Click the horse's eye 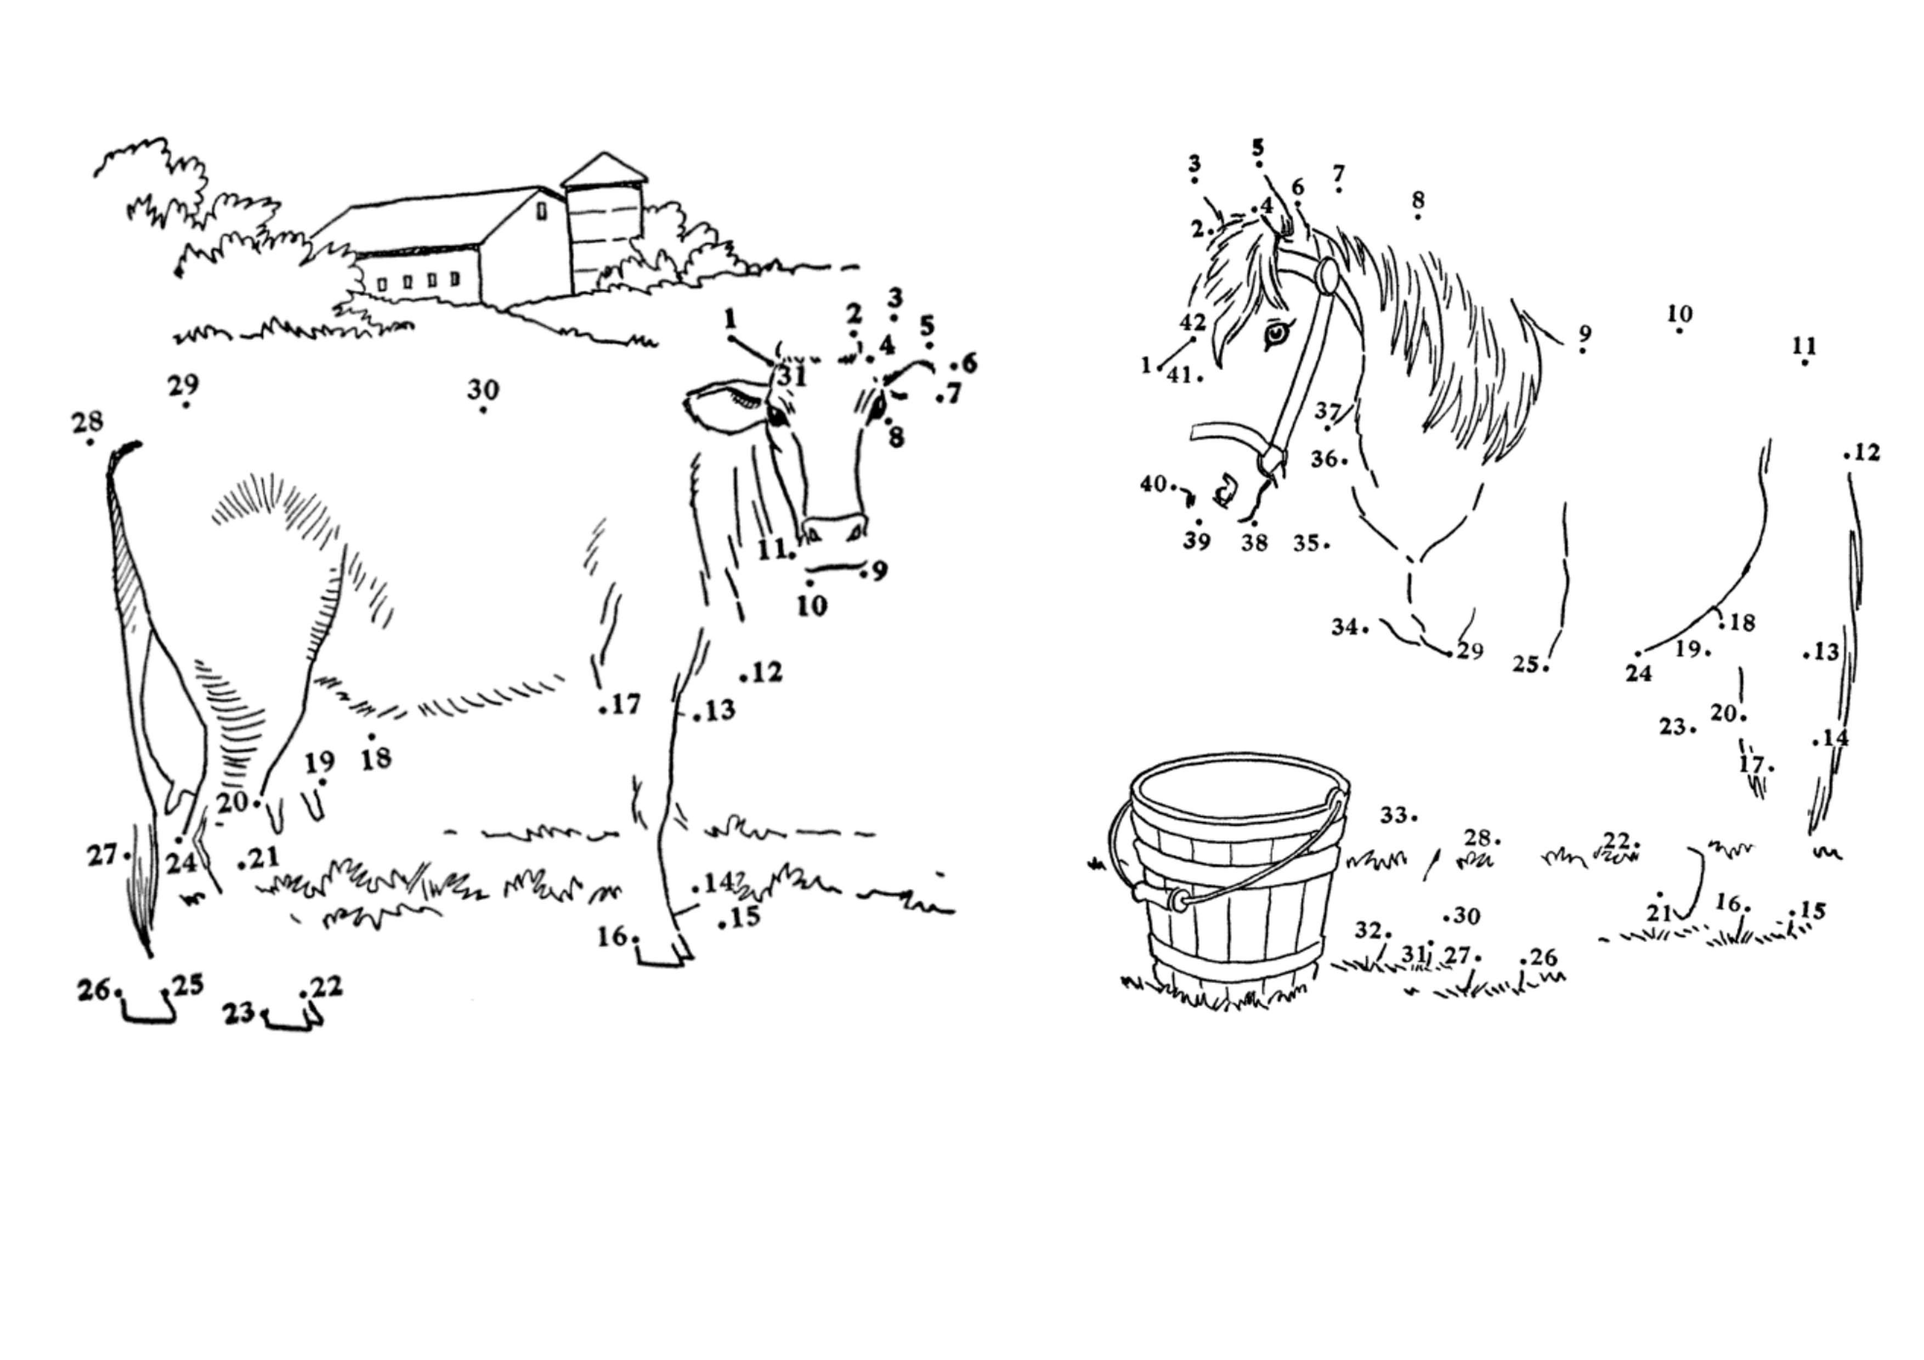pyautogui.click(x=1277, y=333)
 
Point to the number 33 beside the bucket pyautogui.click(x=1393, y=814)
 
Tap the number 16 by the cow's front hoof pyautogui.click(x=613, y=936)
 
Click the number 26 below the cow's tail pyautogui.click(x=94, y=990)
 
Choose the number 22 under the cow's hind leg pyautogui.click(x=326, y=987)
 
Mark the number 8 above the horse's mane pyautogui.click(x=1418, y=200)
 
